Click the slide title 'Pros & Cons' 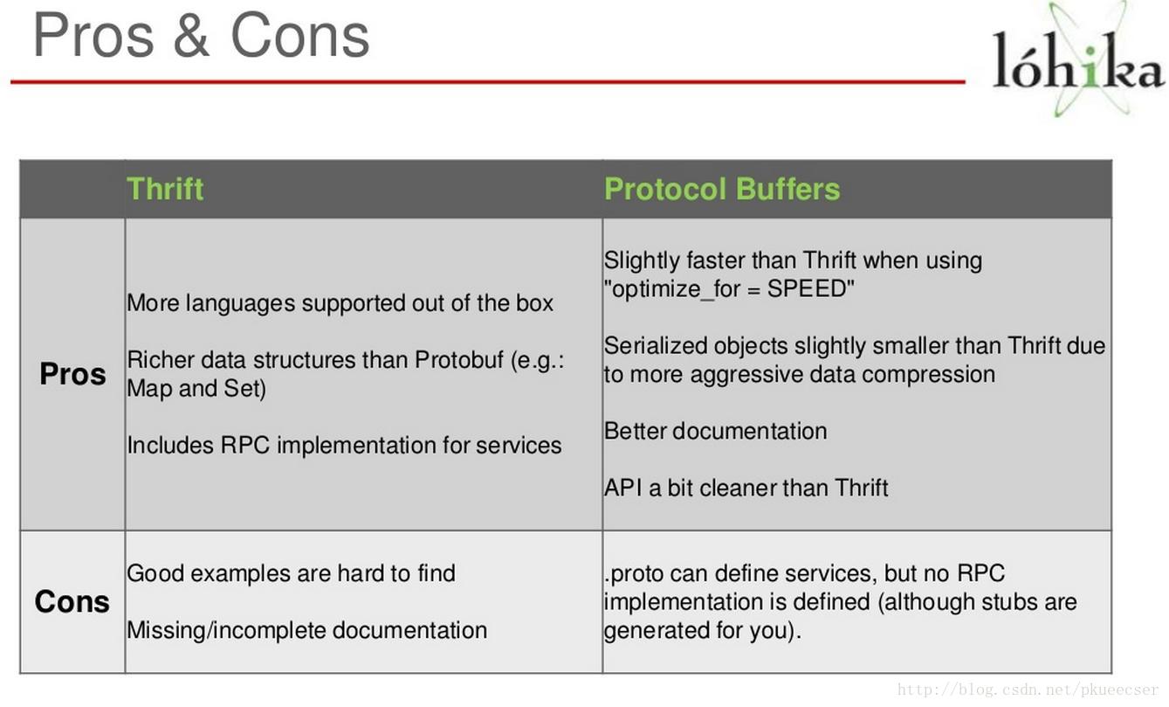point(201,36)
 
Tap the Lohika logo point(1078,59)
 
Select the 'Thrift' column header point(165,189)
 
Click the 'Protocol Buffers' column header point(722,189)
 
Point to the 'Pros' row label point(72,374)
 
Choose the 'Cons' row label point(72,601)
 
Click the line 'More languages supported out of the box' point(340,303)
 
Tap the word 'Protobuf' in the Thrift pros point(459,360)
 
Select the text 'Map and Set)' point(196,389)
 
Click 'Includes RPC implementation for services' point(345,445)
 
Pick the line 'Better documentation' point(716,431)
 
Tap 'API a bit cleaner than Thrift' point(746,488)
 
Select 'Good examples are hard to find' point(292,573)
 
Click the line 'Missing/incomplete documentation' point(306,630)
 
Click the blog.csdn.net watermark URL point(1028,690)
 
